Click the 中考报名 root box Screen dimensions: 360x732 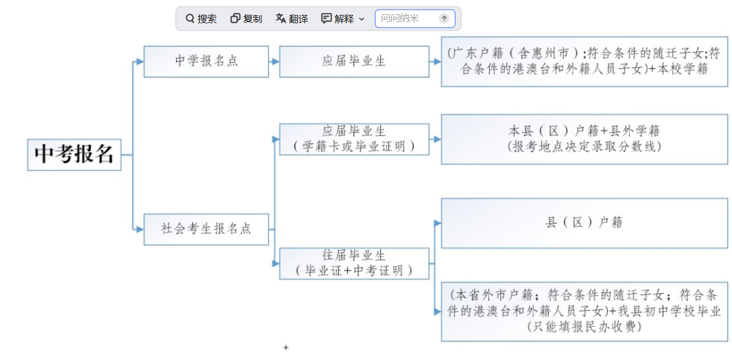[74, 154]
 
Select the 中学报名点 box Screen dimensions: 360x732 [206, 61]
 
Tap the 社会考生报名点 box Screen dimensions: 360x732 [206, 229]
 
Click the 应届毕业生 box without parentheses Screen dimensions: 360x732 [354, 61]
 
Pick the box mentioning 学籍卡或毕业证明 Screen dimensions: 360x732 [354, 139]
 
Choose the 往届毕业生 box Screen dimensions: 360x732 [354, 263]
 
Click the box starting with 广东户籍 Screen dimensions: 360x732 [585, 61]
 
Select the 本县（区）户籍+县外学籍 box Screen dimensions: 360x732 [585, 139]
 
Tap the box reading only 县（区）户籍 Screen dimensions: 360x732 [585, 223]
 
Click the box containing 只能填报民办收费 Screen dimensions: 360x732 [585, 311]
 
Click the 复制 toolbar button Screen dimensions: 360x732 [246, 19]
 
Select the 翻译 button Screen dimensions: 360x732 [292, 19]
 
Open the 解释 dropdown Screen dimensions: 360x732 [343, 19]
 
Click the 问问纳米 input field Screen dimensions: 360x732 [406, 19]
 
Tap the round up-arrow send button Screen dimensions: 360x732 [444, 19]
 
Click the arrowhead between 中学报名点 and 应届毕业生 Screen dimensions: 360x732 [275, 61]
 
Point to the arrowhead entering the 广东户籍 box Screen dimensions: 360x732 [437, 61]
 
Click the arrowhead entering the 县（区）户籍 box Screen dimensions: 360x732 [437, 223]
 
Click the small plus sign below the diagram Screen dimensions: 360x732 [286, 347]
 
